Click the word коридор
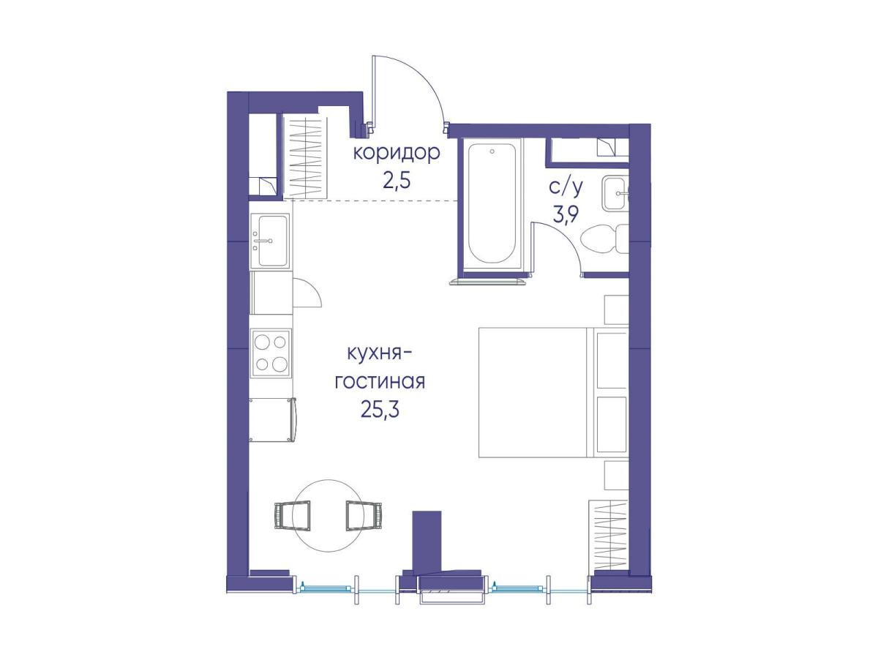click(x=397, y=154)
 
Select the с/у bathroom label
click(x=564, y=188)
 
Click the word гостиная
click(x=380, y=382)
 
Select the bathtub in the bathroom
click(x=492, y=204)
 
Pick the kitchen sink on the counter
click(x=270, y=241)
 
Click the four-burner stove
click(x=271, y=353)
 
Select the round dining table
click(x=329, y=516)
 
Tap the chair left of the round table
click(x=293, y=516)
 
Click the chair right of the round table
click(x=364, y=516)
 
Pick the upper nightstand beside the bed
click(x=616, y=310)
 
